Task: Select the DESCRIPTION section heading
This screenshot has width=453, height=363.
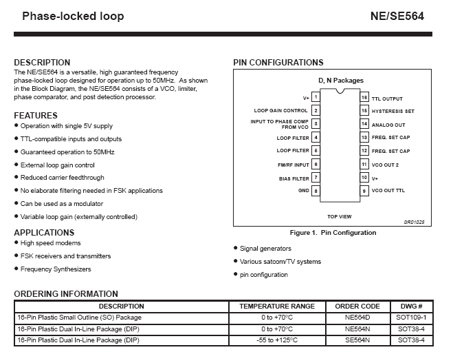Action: point(42,63)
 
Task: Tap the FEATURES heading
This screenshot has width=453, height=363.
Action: point(36,116)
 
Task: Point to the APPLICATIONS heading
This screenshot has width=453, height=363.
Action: point(44,233)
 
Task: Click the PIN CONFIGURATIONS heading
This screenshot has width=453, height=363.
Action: point(278,63)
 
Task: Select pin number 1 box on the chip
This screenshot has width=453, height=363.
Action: point(316,98)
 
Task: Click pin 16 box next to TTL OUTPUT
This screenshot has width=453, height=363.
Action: point(365,98)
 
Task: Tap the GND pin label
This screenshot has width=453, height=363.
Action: point(303,191)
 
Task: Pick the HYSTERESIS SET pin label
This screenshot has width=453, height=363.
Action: point(393,111)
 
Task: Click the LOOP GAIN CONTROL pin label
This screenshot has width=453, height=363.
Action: point(280,110)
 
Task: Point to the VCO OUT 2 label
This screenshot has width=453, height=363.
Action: point(385,165)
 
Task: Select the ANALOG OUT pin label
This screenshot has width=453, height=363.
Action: point(388,125)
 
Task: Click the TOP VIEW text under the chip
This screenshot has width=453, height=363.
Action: point(340,216)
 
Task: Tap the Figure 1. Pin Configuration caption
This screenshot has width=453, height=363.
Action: point(333,233)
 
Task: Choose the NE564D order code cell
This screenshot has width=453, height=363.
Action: point(357,318)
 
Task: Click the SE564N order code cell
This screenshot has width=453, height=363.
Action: point(357,340)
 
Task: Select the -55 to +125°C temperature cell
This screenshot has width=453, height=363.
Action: point(277,340)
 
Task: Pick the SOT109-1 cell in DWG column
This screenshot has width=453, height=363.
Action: point(412,318)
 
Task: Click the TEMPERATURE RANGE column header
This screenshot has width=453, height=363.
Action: point(277,306)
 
